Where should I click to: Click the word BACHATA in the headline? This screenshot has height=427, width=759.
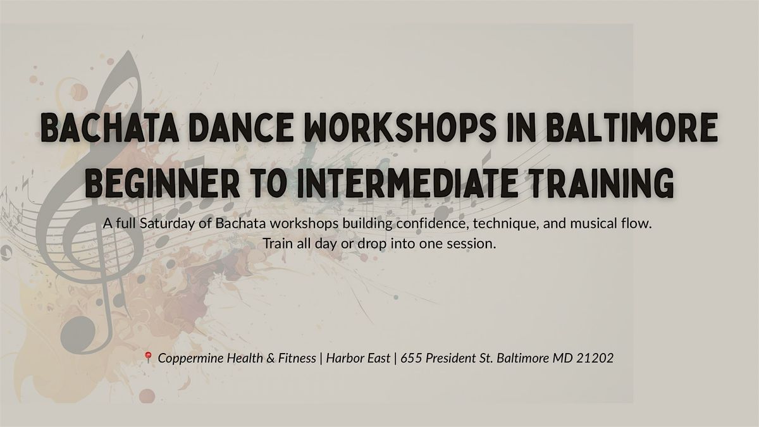pyautogui.click(x=110, y=127)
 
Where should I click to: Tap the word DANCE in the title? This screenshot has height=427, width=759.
pyautogui.click(x=241, y=127)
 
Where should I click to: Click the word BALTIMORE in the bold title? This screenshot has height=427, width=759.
pyautogui.click(x=632, y=127)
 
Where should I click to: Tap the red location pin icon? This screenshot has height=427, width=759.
pyautogui.click(x=148, y=357)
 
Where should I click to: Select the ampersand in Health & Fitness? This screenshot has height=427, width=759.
pyautogui.click(x=271, y=358)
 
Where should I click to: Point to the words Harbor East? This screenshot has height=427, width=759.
pyautogui.click(x=358, y=358)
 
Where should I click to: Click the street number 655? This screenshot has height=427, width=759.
pyautogui.click(x=411, y=358)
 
